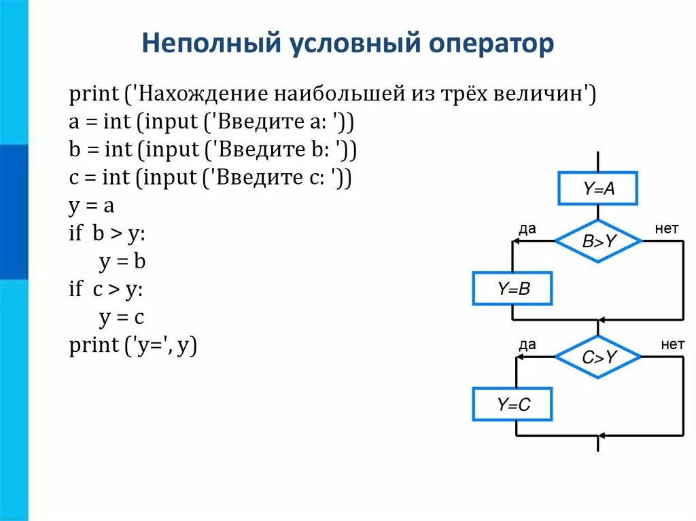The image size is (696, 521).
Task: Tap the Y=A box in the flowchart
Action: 598,189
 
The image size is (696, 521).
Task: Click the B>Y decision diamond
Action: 598,240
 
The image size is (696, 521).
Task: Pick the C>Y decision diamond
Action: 598,356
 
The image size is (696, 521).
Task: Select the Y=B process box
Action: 512,289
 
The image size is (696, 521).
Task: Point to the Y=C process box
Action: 512,406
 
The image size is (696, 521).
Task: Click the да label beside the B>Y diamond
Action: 527,229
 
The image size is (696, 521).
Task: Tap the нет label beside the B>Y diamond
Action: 667,229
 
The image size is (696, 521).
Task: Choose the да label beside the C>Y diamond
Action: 527,345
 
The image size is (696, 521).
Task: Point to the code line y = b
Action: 122,262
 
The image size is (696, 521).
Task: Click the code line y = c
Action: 122,318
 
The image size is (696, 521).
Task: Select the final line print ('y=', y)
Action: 133,346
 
